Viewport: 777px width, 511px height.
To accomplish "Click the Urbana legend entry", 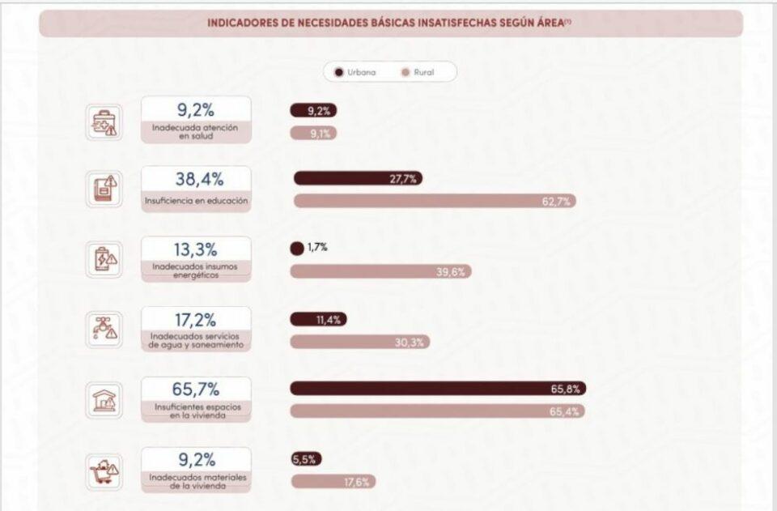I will pos(355,72).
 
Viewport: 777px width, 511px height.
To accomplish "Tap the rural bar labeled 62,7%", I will pos(435,201).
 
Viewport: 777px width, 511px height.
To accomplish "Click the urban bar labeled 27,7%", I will pos(358,178).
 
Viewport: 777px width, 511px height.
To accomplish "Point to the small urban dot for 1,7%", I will pos(297,249).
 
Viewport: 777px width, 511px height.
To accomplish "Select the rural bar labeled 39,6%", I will pos(380,272).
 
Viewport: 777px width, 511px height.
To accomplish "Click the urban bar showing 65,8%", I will pos(438,389).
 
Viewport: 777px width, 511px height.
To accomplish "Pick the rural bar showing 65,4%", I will pos(437,411).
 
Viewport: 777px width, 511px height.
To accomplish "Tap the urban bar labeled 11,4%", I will pos(318,320).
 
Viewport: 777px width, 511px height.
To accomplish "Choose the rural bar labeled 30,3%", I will pos(360,342).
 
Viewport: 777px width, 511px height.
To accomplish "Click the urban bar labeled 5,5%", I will pos(306,459).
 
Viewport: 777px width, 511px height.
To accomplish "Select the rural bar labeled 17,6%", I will pos(333,482).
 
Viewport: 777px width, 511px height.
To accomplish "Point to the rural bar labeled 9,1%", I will pos(313,134).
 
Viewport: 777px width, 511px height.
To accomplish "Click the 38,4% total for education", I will pos(196,180).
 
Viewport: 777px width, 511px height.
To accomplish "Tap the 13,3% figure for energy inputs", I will pos(196,249).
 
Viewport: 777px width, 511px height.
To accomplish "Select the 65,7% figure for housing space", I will pos(196,390).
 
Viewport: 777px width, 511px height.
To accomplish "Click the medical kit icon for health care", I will pos(104,121).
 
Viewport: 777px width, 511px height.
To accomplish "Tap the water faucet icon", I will pos(104,329).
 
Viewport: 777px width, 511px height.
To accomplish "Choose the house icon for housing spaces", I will pos(104,398).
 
